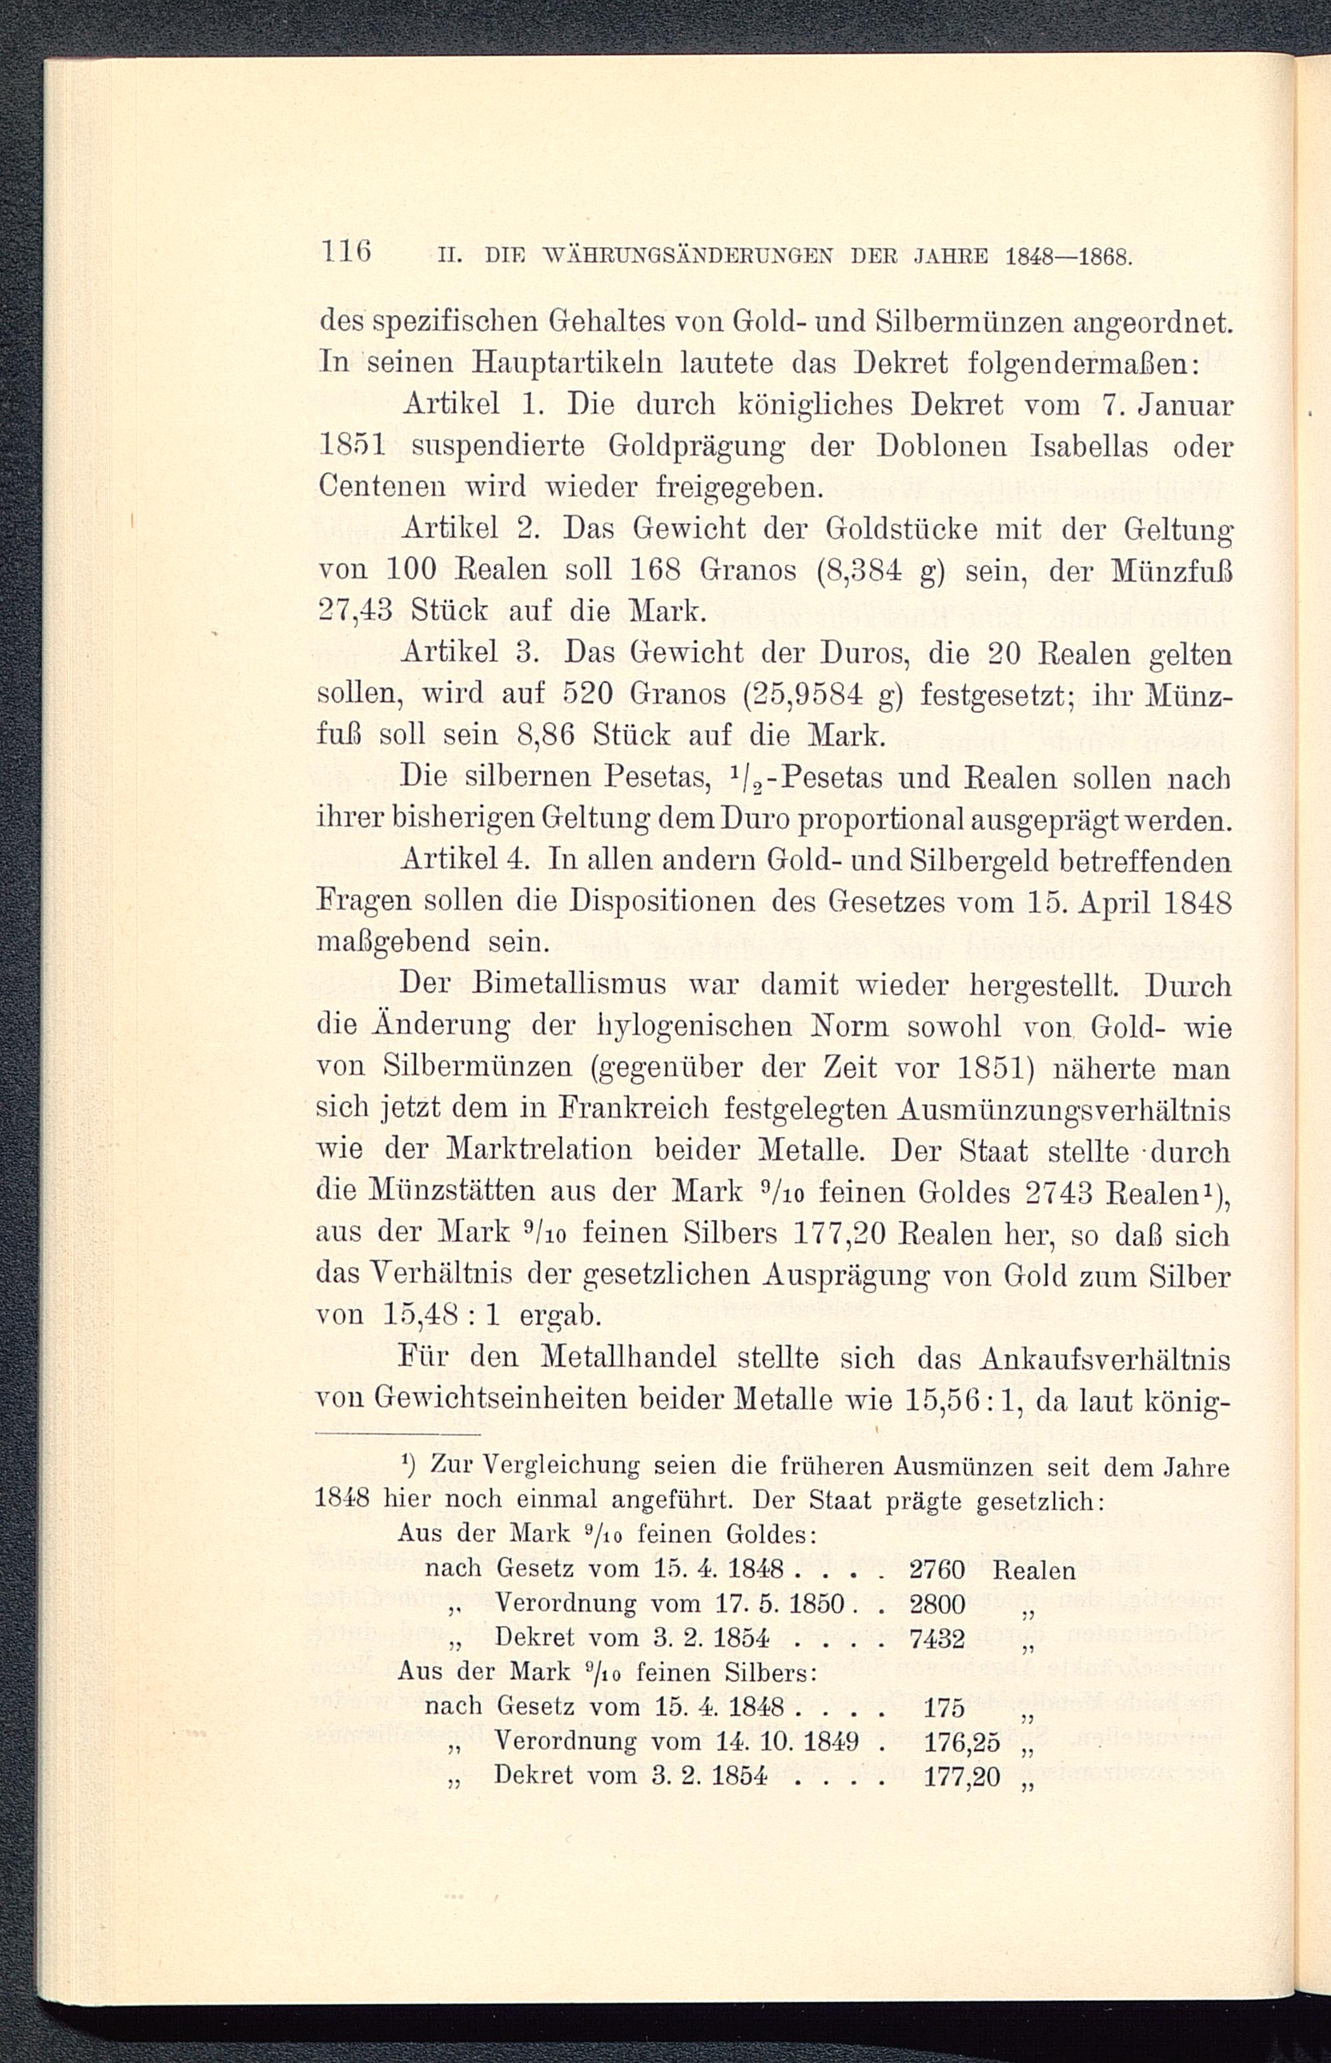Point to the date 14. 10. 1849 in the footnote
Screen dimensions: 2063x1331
(787, 1742)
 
